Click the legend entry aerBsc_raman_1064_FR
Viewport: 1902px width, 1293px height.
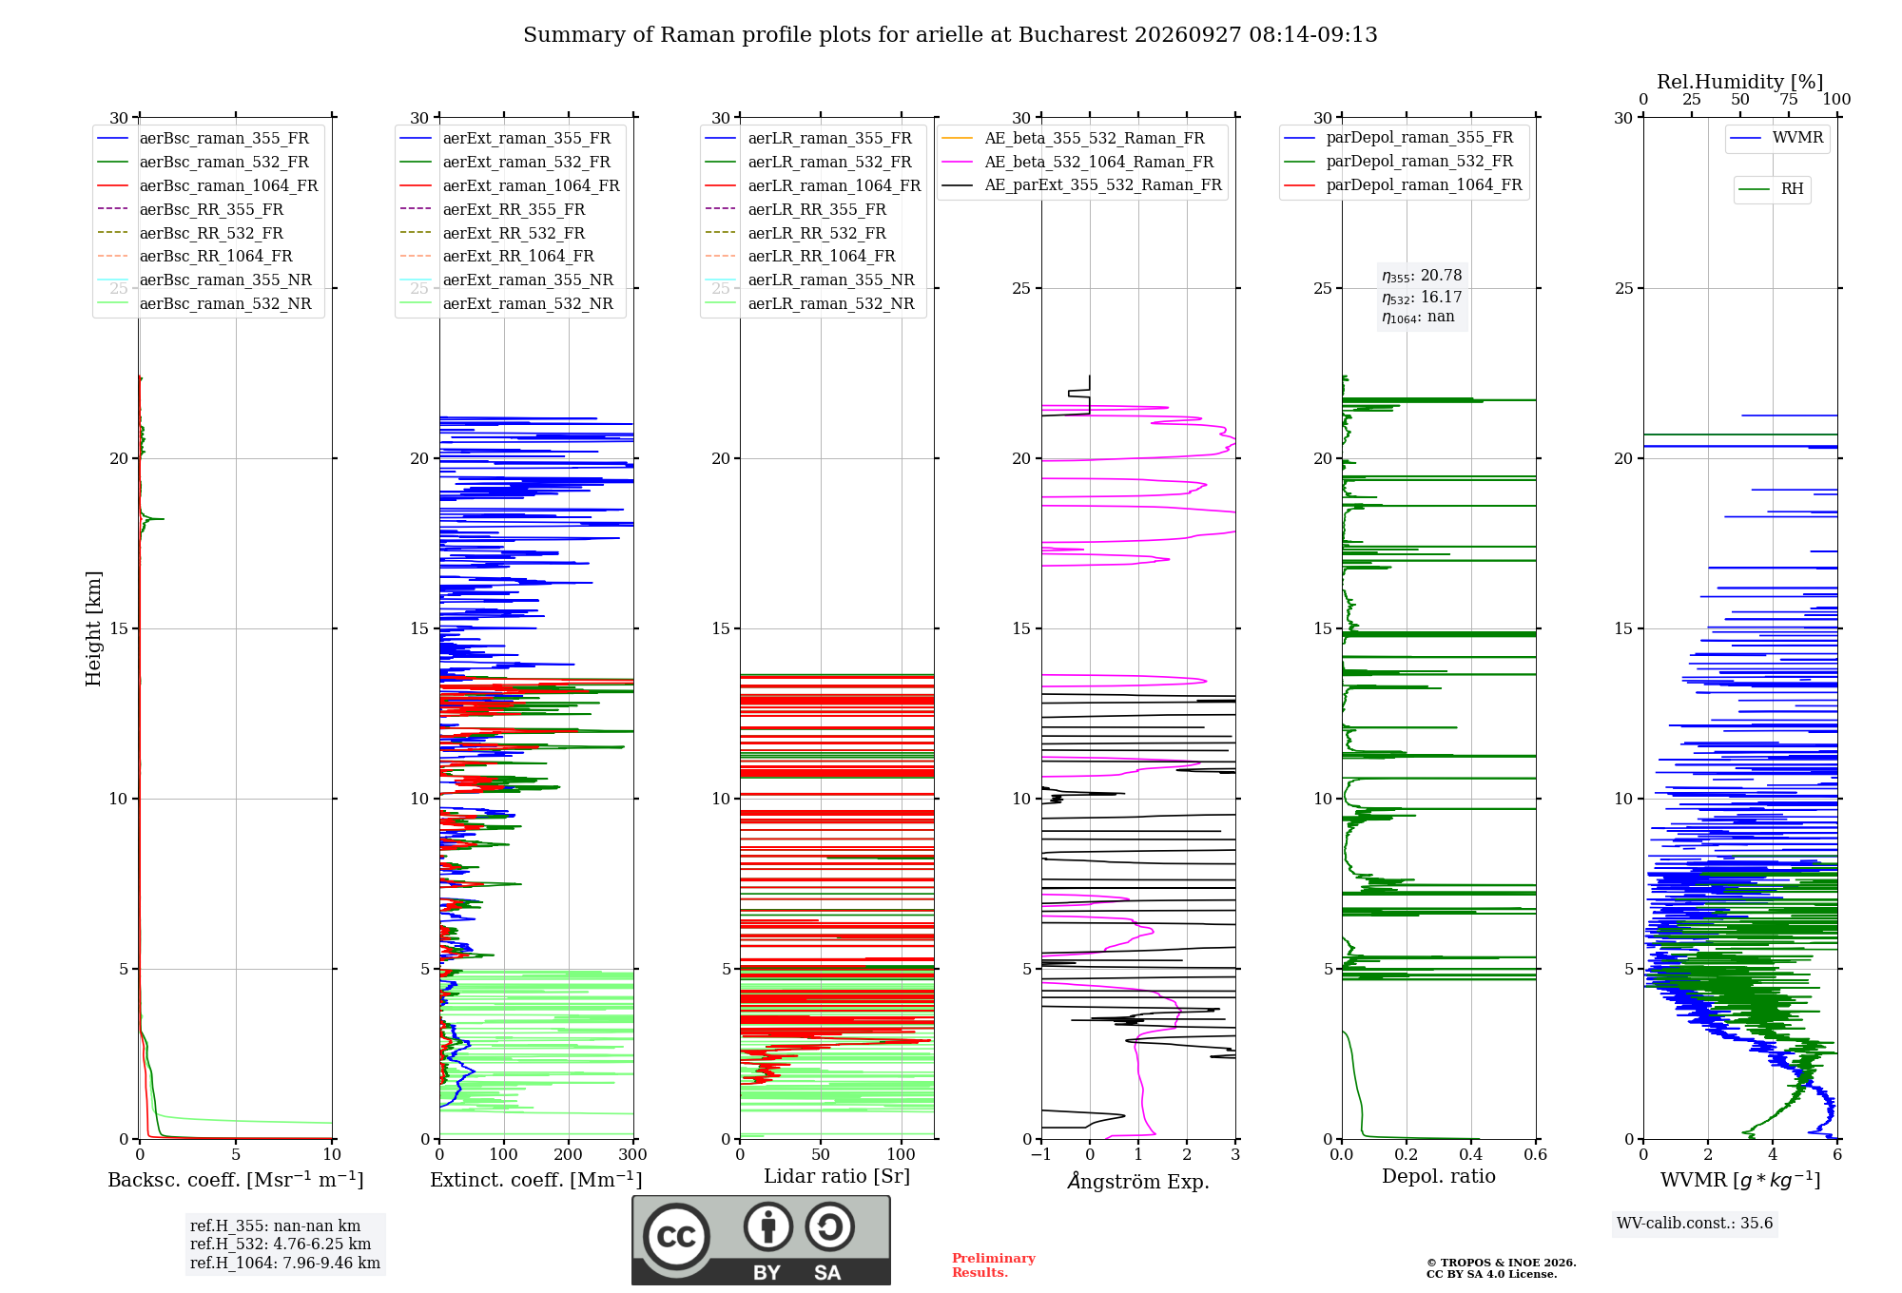tap(207, 185)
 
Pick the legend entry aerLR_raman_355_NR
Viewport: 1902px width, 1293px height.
tap(809, 280)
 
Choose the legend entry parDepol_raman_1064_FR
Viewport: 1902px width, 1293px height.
tap(1403, 184)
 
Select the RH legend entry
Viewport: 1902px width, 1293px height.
tap(1771, 189)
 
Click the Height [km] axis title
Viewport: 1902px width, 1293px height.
tap(93, 628)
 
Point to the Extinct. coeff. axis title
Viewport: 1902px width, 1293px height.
tap(536, 1180)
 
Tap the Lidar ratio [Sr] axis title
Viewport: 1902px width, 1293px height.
tap(837, 1176)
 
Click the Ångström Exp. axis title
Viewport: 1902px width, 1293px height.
tap(1138, 1181)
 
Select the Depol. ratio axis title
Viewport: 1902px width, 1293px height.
tap(1439, 1176)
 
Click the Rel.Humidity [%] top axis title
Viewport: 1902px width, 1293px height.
tap(1740, 82)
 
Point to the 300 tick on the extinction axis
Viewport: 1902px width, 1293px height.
tap(633, 1154)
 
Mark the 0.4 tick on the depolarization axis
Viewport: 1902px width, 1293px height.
tap(1471, 1154)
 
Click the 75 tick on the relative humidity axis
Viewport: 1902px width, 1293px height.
tap(1789, 99)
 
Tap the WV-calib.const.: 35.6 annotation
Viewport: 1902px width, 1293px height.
tap(1695, 1224)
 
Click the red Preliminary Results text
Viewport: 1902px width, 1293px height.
tap(994, 1265)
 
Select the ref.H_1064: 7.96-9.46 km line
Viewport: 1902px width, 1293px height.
tap(285, 1263)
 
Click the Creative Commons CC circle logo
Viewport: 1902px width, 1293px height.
tap(676, 1236)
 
